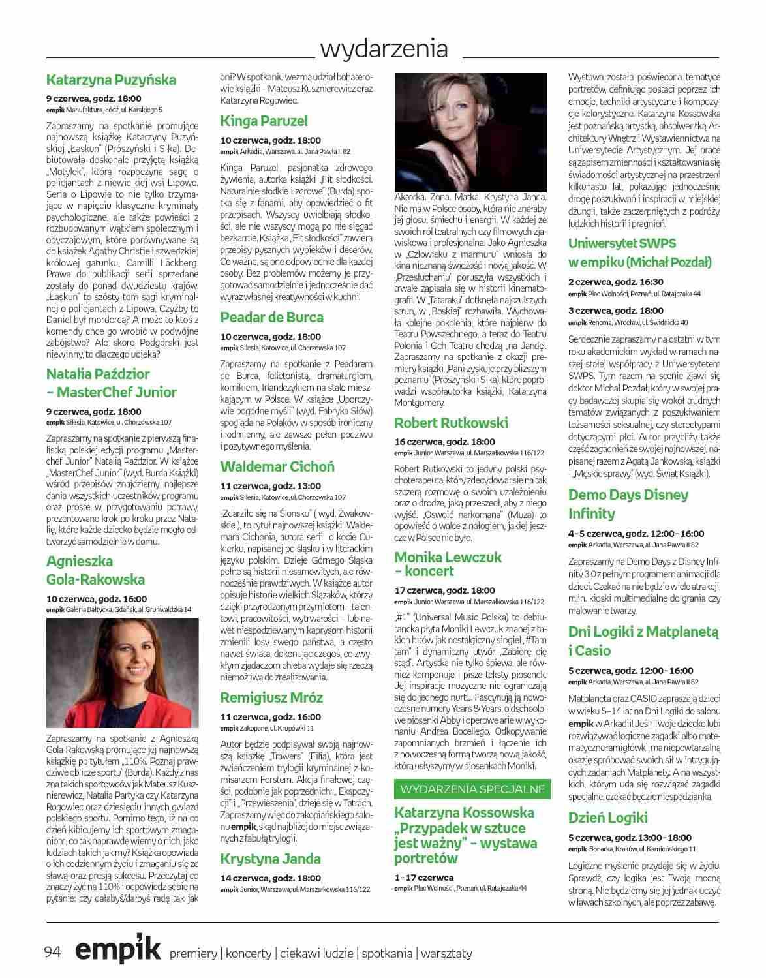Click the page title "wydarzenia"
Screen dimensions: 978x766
point(384,49)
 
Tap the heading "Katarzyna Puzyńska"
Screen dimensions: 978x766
point(111,80)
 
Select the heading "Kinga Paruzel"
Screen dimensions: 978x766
point(264,121)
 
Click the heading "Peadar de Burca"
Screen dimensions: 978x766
point(271,318)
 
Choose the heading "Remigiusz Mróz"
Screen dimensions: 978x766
point(271,697)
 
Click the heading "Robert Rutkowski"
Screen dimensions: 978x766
point(451,422)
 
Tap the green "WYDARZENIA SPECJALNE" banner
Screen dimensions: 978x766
point(472,789)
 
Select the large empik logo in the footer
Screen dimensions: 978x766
point(117,951)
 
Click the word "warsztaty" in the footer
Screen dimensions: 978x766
point(446,953)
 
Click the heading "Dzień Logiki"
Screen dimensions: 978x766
point(607,818)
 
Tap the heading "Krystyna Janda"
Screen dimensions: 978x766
point(270,859)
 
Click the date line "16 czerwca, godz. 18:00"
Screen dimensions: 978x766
point(444,442)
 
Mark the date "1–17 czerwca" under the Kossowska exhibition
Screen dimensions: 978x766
point(424,878)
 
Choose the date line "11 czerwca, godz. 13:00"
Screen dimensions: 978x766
point(270,486)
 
